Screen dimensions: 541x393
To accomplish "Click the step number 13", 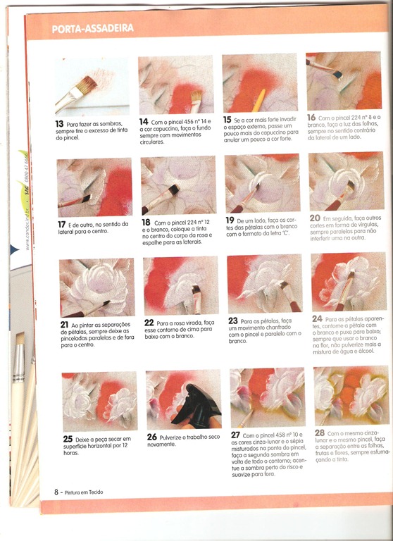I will [60, 123].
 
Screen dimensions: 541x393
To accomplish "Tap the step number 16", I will [311, 118].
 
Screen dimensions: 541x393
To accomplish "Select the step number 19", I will [230, 220].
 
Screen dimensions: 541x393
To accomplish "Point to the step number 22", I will [149, 322].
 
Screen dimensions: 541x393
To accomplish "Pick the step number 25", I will [68, 439].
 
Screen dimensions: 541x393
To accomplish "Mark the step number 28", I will [320, 433].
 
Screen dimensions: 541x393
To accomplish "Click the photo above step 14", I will [175, 85].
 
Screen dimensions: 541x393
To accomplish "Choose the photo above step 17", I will [94, 187].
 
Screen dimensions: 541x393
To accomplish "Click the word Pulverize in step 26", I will [175, 437].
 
